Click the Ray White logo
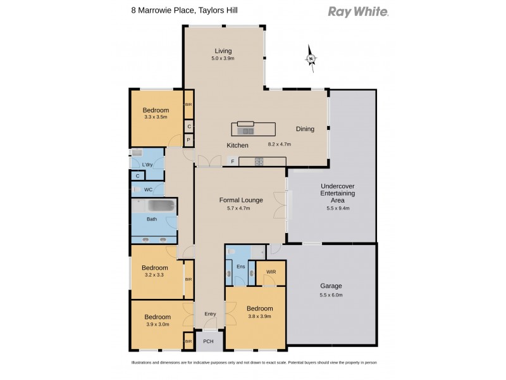(x=358, y=11)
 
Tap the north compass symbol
(x=311, y=60)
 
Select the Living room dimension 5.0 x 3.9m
(x=223, y=59)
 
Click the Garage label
(x=332, y=285)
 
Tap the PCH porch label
(x=209, y=341)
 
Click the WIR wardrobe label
(x=271, y=272)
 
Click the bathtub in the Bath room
(x=156, y=206)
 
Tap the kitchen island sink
(x=247, y=131)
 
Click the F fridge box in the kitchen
(x=232, y=161)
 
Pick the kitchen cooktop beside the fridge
(x=259, y=161)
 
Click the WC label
(x=147, y=189)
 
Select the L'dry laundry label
(x=147, y=165)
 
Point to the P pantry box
(x=188, y=140)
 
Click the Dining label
(x=305, y=129)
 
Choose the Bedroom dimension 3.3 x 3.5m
(x=156, y=117)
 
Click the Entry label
(x=209, y=314)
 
